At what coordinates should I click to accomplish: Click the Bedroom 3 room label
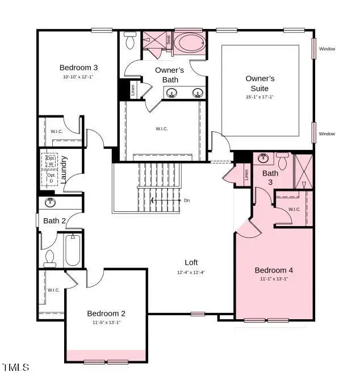(x=75, y=68)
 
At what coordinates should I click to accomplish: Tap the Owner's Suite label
(x=260, y=84)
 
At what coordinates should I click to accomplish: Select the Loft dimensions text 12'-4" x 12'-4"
(x=191, y=272)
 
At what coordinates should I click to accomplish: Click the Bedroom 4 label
(x=274, y=270)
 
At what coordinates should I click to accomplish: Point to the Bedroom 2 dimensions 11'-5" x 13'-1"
(x=106, y=322)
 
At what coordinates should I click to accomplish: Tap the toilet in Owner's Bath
(x=129, y=40)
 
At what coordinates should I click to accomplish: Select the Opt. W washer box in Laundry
(x=51, y=161)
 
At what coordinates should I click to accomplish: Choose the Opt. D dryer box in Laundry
(x=51, y=178)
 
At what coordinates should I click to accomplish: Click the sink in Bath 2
(x=50, y=202)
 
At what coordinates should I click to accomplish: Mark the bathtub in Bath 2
(x=73, y=251)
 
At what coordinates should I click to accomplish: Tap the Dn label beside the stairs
(x=187, y=201)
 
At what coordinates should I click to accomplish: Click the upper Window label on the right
(x=327, y=49)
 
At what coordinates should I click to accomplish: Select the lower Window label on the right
(x=327, y=134)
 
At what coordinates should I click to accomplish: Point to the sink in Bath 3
(x=263, y=157)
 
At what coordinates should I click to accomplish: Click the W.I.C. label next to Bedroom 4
(x=294, y=209)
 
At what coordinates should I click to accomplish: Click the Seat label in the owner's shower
(x=168, y=39)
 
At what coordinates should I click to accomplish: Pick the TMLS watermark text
(x=16, y=368)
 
